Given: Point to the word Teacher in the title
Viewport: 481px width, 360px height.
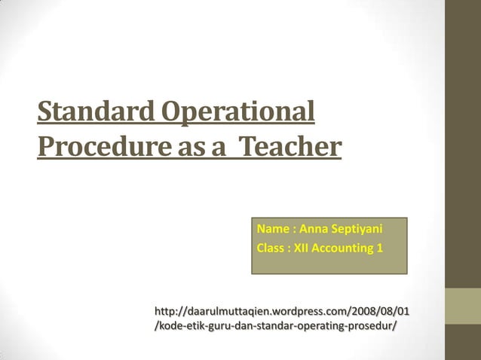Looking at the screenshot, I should pos(289,145).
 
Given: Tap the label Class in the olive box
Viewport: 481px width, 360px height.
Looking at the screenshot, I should pos(271,248).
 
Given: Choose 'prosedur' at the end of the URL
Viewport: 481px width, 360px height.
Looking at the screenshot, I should pos(373,325).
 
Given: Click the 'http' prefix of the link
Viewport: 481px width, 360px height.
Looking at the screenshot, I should pos(164,311).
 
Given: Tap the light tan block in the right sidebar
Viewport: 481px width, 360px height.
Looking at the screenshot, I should pos(463,307).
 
